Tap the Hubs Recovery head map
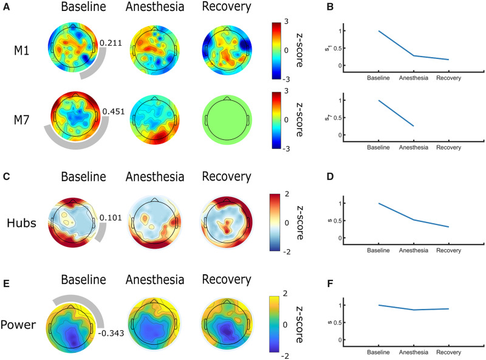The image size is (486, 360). (x=226, y=221)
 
